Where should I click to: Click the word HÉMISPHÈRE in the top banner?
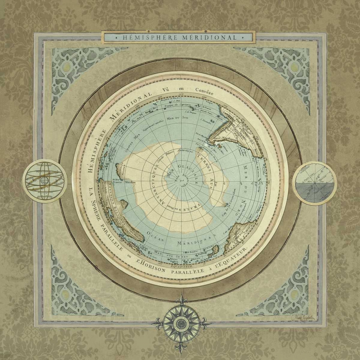click(144, 37)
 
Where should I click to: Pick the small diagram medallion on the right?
click(314, 183)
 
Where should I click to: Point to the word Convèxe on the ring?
click(204, 91)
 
